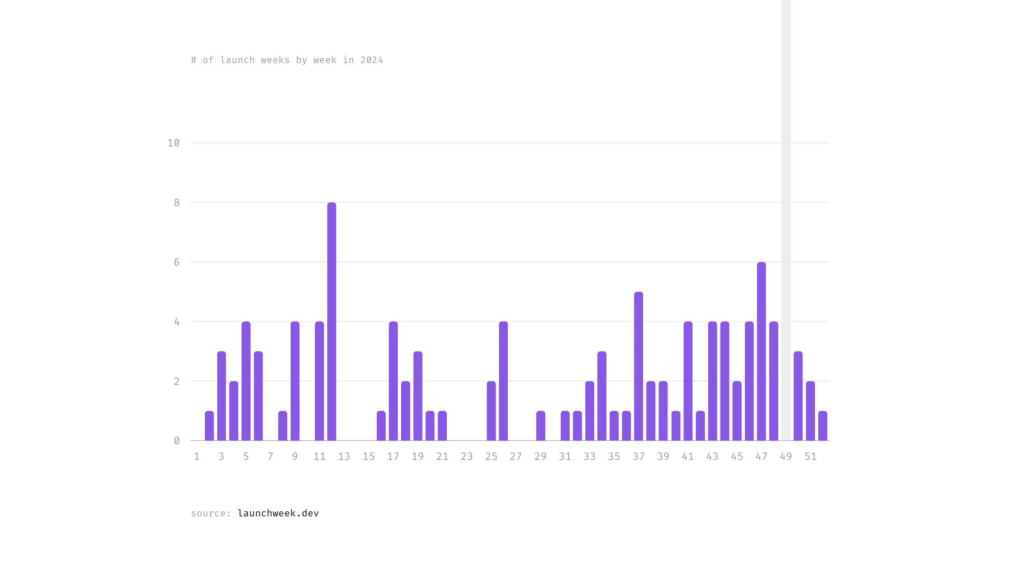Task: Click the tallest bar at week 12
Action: pos(331,321)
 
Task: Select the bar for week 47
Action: pos(761,351)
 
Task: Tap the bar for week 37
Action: pos(638,366)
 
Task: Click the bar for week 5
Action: pos(246,381)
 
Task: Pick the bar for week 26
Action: pos(503,381)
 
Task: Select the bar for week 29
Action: pos(540,426)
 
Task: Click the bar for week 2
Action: pos(209,426)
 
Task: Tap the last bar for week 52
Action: pos(822,426)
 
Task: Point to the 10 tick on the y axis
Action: pos(174,143)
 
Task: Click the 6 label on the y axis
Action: pos(177,262)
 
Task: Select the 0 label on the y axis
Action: pos(177,441)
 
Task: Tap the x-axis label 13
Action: pos(344,456)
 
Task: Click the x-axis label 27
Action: pos(516,456)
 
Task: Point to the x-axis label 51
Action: pos(810,456)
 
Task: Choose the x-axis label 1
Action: pos(197,456)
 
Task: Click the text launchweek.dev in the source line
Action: pos(278,513)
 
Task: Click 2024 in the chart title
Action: pos(371,60)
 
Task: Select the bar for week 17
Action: pos(393,381)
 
